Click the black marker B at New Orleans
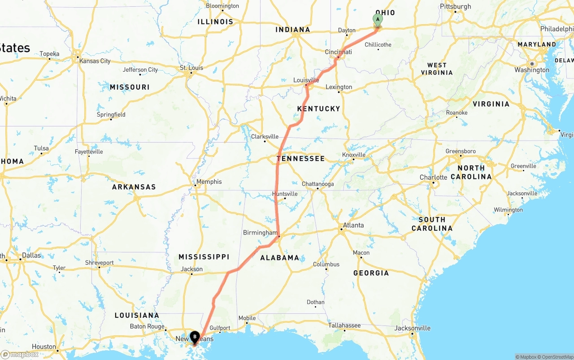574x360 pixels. [x=195, y=337]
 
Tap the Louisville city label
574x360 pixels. [x=306, y=80]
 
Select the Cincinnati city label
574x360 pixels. [x=338, y=52]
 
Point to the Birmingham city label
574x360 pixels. [x=260, y=233]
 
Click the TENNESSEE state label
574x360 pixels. [x=300, y=159]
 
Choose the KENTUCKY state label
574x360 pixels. [x=318, y=108]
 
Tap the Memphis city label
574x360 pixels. [x=209, y=182]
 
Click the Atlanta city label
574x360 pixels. [x=353, y=225]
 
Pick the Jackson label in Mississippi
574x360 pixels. [x=192, y=269]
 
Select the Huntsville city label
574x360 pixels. [x=285, y=194]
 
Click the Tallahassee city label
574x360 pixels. [x=344, y=325]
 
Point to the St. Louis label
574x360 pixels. [x=191, y=68]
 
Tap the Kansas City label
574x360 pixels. [x=95, y=61]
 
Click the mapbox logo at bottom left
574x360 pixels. [x=20, y=354]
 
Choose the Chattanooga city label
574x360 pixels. [x=317, y=184]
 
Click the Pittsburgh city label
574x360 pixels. [x=456, y=6]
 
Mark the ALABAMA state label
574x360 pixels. [x=280, y=258]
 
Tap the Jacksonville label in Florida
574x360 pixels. [x=413, y=328]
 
